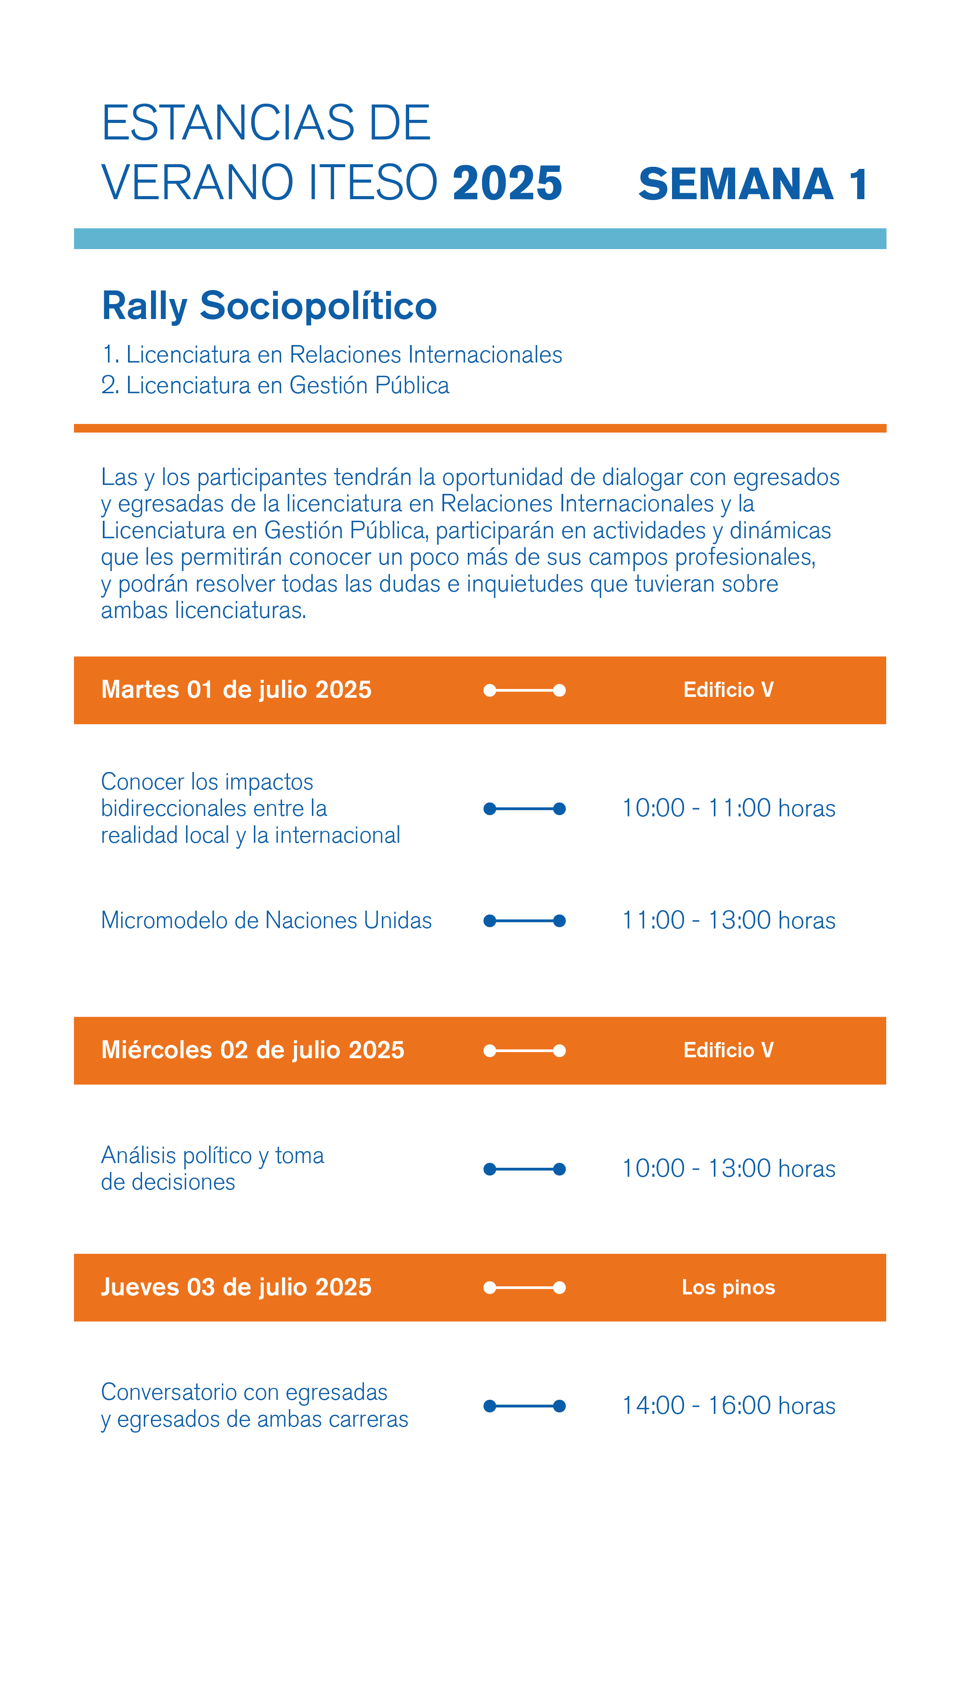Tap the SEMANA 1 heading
tap(753, 184)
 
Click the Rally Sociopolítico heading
tap(269, 306)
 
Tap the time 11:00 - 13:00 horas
tap(728, 920)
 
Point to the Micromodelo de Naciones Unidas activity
tap(266, 920)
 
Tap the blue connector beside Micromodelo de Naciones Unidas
tap(524, 920)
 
